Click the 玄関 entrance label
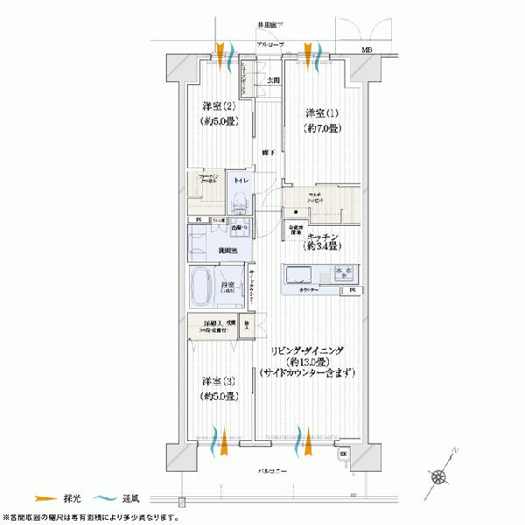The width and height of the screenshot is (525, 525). [x=273, y=81]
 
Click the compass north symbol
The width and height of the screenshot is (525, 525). [x=443, y=476]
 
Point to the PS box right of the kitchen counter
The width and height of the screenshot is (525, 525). [x=353, y=290]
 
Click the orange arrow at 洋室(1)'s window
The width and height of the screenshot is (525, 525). [x=308, y=48]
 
